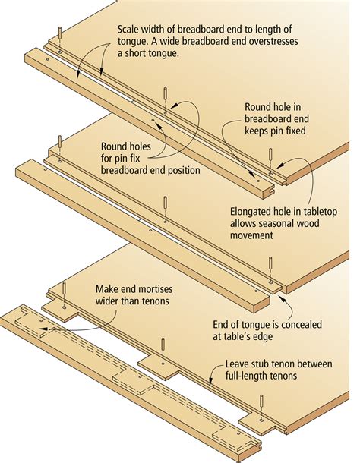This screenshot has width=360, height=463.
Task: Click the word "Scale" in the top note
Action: pyautogui.click(x=129, y=30)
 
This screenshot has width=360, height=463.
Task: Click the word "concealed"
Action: pyautogui.click(x=302, y=325)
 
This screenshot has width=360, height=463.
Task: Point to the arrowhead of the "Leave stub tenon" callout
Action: pyautogui.click(x=210, y=383)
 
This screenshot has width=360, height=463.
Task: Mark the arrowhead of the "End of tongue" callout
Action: pyautogui.click(x=277, y=297)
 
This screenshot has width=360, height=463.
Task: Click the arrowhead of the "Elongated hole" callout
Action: pyautogui.click(x=280, y=165)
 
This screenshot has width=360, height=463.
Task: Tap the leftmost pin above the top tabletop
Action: pyautogui.click(x=60, y=33)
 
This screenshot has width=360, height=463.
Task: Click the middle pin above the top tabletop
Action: pyautogui.click(x=165, y=94)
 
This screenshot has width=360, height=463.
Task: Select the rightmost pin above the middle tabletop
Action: pyautogui.click(x=270, y=263)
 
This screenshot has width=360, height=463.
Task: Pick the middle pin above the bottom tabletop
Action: pyautogui.click(x=163, y=345)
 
